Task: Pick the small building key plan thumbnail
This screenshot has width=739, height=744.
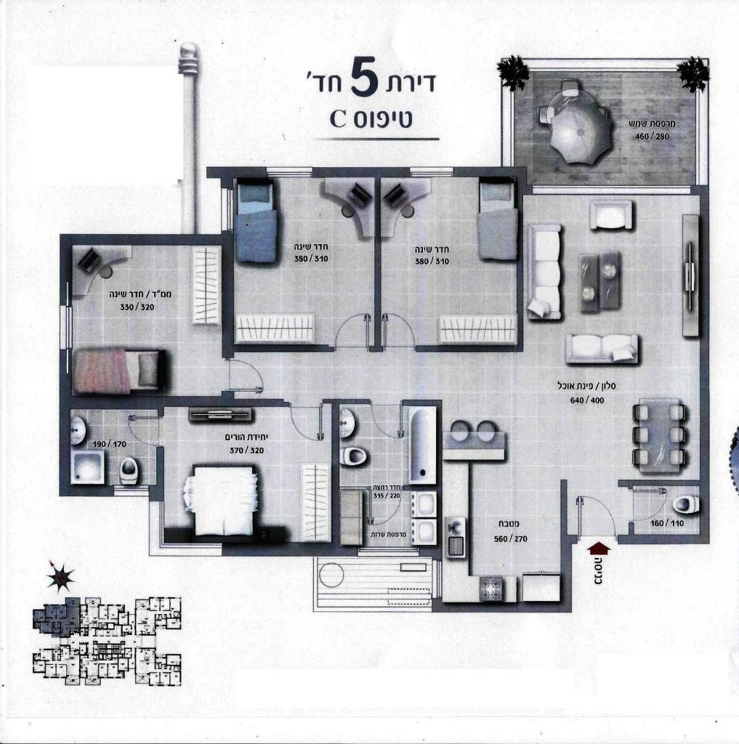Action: coord(106,639)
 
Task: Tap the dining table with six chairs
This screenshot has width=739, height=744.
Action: coord(659,434)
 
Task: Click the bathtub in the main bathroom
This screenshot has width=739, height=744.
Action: coord(422,445)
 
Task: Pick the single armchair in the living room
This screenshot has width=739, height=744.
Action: coord(611,215)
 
